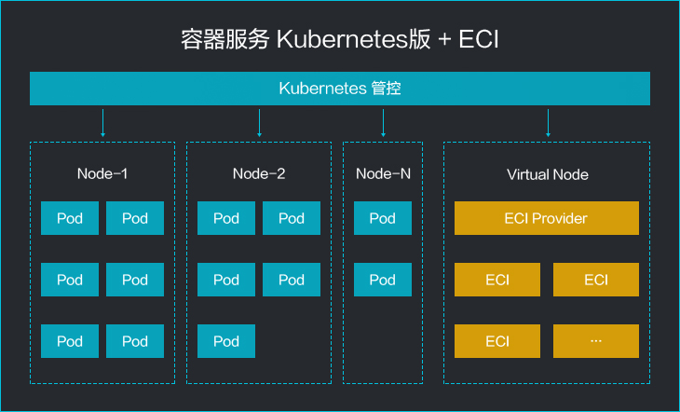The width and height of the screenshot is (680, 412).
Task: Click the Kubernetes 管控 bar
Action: click(x=340, y=89)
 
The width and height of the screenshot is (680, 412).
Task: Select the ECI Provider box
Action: click(x=547, y=218)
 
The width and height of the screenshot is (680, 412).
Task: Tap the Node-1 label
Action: click(x=102, y=173)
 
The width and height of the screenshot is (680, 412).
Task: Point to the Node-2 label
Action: click(x=259, y=173)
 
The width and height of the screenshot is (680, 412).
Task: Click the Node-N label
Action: click(x=383, y=173)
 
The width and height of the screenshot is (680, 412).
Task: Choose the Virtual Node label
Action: click(x=548, y=174)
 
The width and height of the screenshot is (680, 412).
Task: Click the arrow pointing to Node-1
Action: click(x=102, y=123)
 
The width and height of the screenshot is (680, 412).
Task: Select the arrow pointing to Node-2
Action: click(x=259, y=123)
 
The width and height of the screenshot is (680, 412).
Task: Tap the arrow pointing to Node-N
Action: click(x=383, y=123)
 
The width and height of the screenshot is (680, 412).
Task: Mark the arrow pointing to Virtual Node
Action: click(x=548, y=123)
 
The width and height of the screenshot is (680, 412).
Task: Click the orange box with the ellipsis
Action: click(x=596, y=341)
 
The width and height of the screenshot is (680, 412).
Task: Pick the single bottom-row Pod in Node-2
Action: click(x=226, y=341)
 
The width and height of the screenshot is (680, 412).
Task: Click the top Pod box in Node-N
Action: click(x=383, y=218)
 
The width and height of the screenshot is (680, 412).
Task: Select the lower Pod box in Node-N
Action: click(x=383, y=280)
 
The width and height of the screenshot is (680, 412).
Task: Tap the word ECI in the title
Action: click(x=479, y=39)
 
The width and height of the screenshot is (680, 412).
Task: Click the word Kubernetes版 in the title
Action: click(x=353, y=39)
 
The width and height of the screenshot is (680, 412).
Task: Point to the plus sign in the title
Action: click(x=444, y=39)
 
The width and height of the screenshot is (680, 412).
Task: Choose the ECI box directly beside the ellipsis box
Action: click(x=497, y=341)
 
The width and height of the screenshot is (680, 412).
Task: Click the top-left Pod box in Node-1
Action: click(x=70, y=218)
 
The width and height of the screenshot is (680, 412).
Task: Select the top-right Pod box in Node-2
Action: click(x=292, y=218)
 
